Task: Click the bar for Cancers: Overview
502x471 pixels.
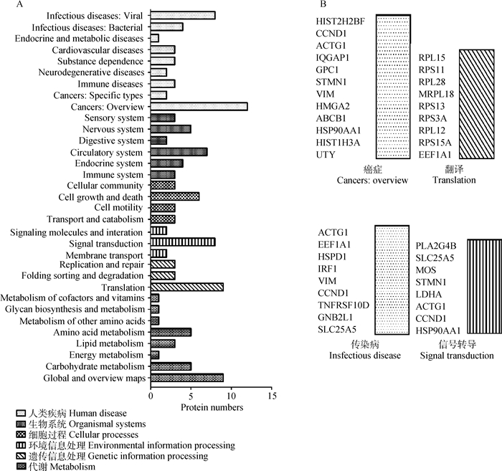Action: pos(199,106)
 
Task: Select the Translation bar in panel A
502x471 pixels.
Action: pos(186,287)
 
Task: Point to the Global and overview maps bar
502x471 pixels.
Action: pos(186,377)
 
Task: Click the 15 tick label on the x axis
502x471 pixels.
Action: pos(271,394)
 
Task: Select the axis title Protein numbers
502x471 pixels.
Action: pos(212,407)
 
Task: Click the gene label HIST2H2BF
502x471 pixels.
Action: pos(341,21)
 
